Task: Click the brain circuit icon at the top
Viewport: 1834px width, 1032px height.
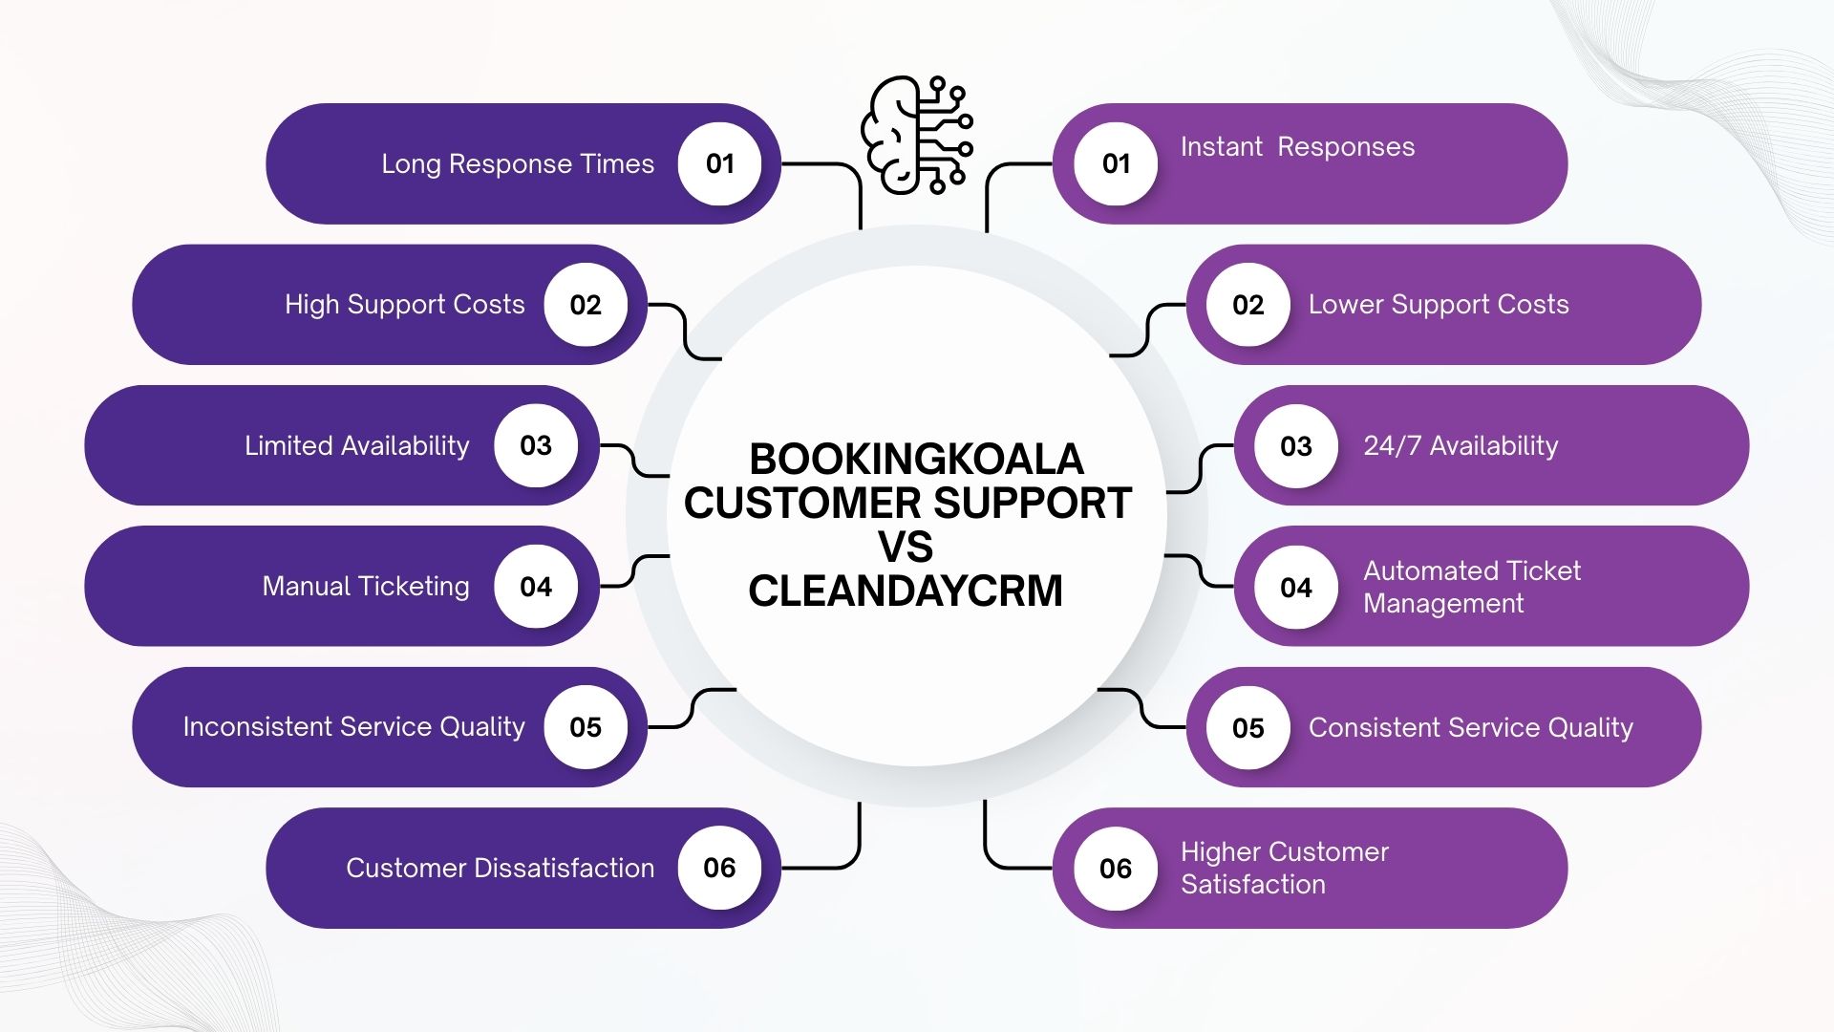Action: pyautogui.click(x=916, y=135)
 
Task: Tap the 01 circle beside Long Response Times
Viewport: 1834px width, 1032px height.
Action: pyautogui.click(x=719, y=163)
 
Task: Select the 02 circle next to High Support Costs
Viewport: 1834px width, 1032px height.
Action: pyautogui.click(x=586, y=305)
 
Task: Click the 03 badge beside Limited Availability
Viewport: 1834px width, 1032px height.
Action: pyautogui.click(x=536, y=445)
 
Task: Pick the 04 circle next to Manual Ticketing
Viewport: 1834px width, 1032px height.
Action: pyautogui.click(x=536, y=586)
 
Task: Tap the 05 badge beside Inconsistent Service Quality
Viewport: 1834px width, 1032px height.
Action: pyautogui.click(x=586, y=727)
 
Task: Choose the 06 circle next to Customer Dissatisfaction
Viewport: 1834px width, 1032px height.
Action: pyautogui.click(x=719, y=868)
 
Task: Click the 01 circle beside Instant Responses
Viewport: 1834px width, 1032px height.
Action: pyautogui.click(x=1116, y=163)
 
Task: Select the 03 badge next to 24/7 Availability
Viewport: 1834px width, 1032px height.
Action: pyautogui.click(x=1296, y=446)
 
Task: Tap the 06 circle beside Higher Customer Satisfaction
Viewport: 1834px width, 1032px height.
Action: pyautogui.click(x=1116, y=869)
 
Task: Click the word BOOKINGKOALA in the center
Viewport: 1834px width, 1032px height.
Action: pyautogui.click(x=916, y=460)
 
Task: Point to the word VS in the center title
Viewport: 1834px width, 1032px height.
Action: pyautogui.click(x=906, y=548)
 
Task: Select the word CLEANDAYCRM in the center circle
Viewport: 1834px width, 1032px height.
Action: pyautogui.click(x=906, y=591)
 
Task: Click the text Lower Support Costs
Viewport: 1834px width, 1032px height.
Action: pyautogui.click(x=1439, y=305)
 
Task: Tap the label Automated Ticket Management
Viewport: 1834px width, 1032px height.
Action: pyautogui.click(x=1471, y=587)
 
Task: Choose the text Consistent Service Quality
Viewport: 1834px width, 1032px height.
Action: pyautogui.click(x=1471, y=728)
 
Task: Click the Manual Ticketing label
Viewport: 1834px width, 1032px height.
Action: pyautogui.click(x=366, y=586)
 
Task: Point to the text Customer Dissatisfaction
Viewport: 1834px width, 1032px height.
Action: pyautogui.click(x=500, y=868)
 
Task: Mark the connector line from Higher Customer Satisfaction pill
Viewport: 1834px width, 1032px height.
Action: pyautogui.click(x=986, y=841)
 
